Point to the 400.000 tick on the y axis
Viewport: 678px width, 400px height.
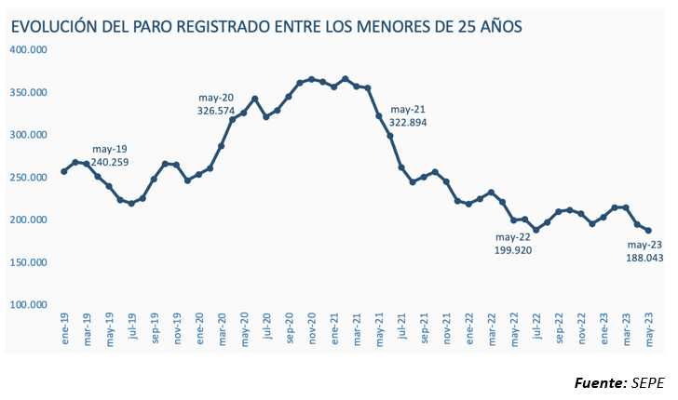coord(30,49)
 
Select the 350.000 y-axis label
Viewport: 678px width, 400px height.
coord(30,92)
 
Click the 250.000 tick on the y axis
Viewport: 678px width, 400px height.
coord(30,177)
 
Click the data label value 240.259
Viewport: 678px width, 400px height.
coord(111,162)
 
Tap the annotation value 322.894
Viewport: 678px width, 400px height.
coord(409,122)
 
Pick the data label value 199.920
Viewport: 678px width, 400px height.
coord(513,249)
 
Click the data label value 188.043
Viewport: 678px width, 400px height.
coord(644,258)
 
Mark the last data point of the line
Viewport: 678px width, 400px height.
coord(648,231)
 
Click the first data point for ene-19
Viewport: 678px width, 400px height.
coord(64,171)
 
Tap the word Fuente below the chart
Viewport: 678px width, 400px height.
coord(599,382)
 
